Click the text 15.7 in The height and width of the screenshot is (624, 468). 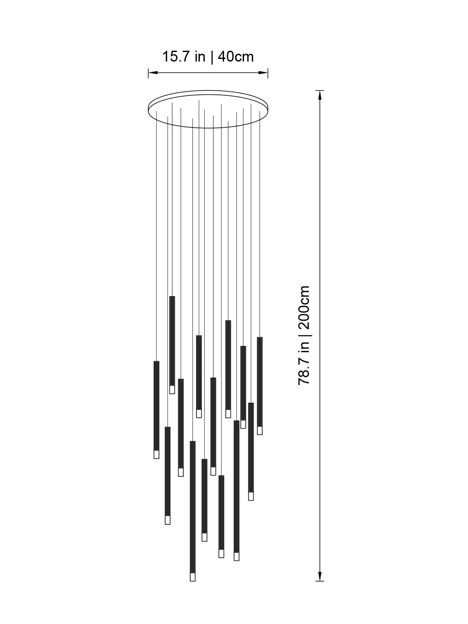[184, 57]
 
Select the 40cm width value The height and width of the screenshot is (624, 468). [236, 57]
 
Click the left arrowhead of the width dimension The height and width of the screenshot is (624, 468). [151, 73]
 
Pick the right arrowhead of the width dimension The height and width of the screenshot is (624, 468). [265, 73]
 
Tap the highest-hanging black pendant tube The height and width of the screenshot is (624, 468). [172, 341]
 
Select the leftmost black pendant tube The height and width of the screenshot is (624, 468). [156, 406]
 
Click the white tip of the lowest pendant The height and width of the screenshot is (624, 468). [192, 577]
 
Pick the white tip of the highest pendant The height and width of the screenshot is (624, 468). [172, 390]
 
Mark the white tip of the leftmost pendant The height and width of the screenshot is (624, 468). [156, 454]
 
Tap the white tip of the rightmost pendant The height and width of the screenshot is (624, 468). [260, 430]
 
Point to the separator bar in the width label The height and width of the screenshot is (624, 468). [212, 57]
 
